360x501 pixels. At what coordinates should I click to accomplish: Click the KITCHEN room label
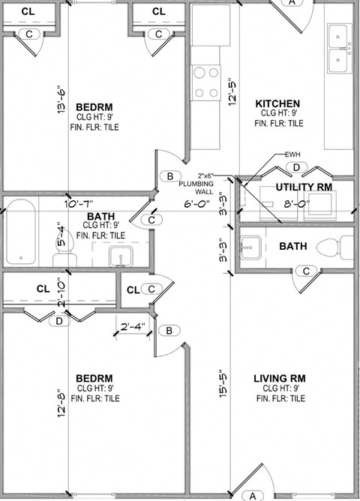(277, 103)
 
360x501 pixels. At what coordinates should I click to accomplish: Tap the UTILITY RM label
(304, 187)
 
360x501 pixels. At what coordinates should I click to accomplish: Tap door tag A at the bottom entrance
(253, 495)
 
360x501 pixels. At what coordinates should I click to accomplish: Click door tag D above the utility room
(296, 166)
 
